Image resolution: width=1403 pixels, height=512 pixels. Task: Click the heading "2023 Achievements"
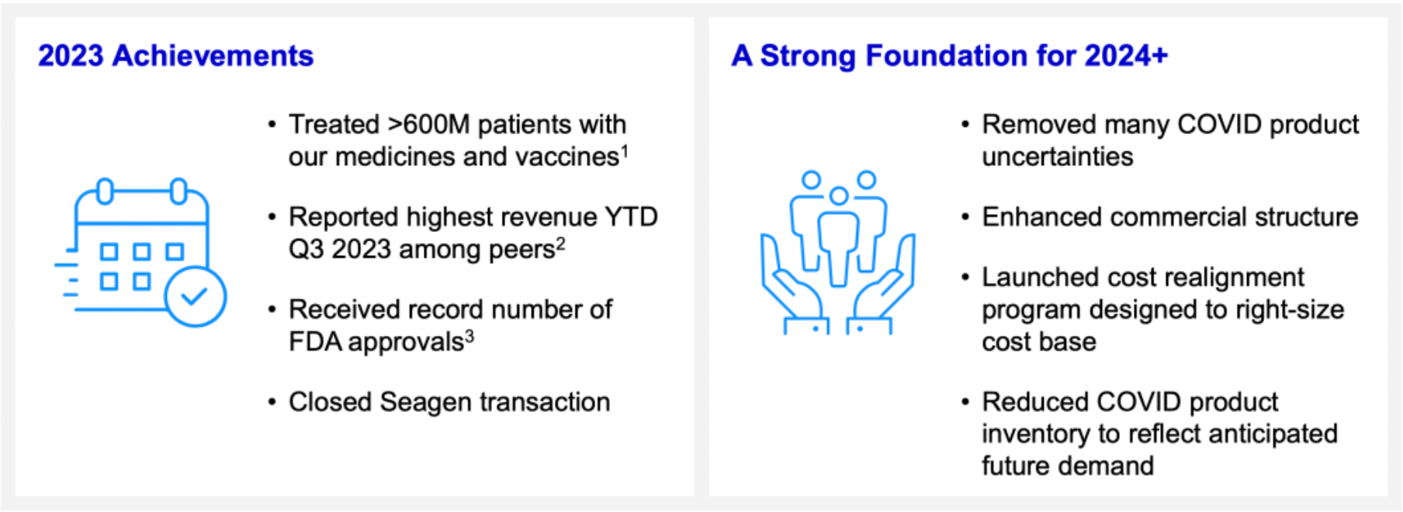pyautogui.click(x=175, y=56)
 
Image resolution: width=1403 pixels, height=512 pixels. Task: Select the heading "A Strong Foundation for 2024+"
pyautogui.click(x=949, y=56)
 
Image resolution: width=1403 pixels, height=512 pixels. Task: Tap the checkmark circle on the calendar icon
pyautogui.click(x=195, y=296)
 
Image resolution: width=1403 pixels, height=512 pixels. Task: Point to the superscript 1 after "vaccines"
pyautogui.click(x=625, y=150)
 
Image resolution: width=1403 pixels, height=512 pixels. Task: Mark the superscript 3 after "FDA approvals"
pyautogui.click(x=469, y=335)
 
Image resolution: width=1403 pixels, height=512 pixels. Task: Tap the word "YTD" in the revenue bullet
pyautogui.click(x=631, y=216)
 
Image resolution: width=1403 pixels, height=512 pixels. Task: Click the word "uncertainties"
pyautogui.click(x=1057, y=157)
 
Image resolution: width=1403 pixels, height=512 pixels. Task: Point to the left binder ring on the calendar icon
pyautogui.click(x=105, y=190)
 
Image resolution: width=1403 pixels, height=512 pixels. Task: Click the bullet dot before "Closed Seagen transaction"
pyautogui.click(x=271, y=403)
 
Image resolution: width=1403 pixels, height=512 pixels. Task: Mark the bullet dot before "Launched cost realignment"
pyautogui.click(x=965, y=278)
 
